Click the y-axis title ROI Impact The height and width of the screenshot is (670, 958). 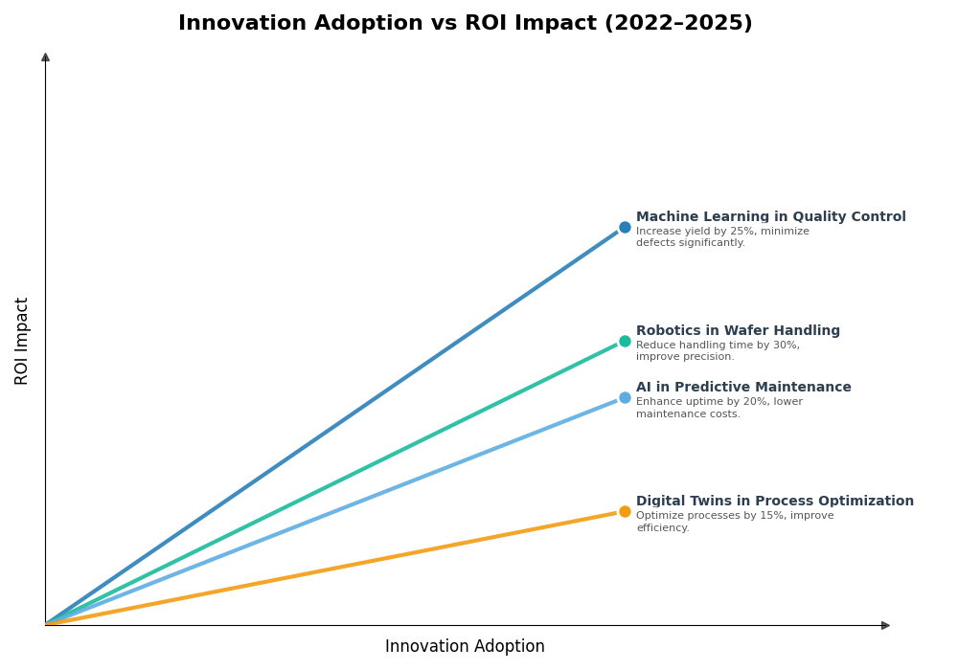22,341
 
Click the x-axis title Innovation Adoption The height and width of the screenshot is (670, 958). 465,647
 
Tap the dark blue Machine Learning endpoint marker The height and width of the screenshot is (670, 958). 625,228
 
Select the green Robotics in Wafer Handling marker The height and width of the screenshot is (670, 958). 625,341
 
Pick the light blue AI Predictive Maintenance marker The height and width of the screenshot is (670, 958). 625,398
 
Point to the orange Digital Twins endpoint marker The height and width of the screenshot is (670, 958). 625,511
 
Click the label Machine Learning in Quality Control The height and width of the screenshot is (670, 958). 770,217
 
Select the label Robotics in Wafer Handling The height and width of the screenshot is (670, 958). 738,331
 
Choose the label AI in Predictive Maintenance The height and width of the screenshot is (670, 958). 743,388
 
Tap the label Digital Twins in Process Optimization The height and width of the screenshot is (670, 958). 774,502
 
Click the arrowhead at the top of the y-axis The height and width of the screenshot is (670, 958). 45,57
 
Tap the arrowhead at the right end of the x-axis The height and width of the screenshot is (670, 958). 885,625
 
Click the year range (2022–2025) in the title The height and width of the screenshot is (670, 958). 677,24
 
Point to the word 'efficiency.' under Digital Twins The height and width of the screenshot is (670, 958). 663,528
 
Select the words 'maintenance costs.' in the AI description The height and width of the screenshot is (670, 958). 688,414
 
